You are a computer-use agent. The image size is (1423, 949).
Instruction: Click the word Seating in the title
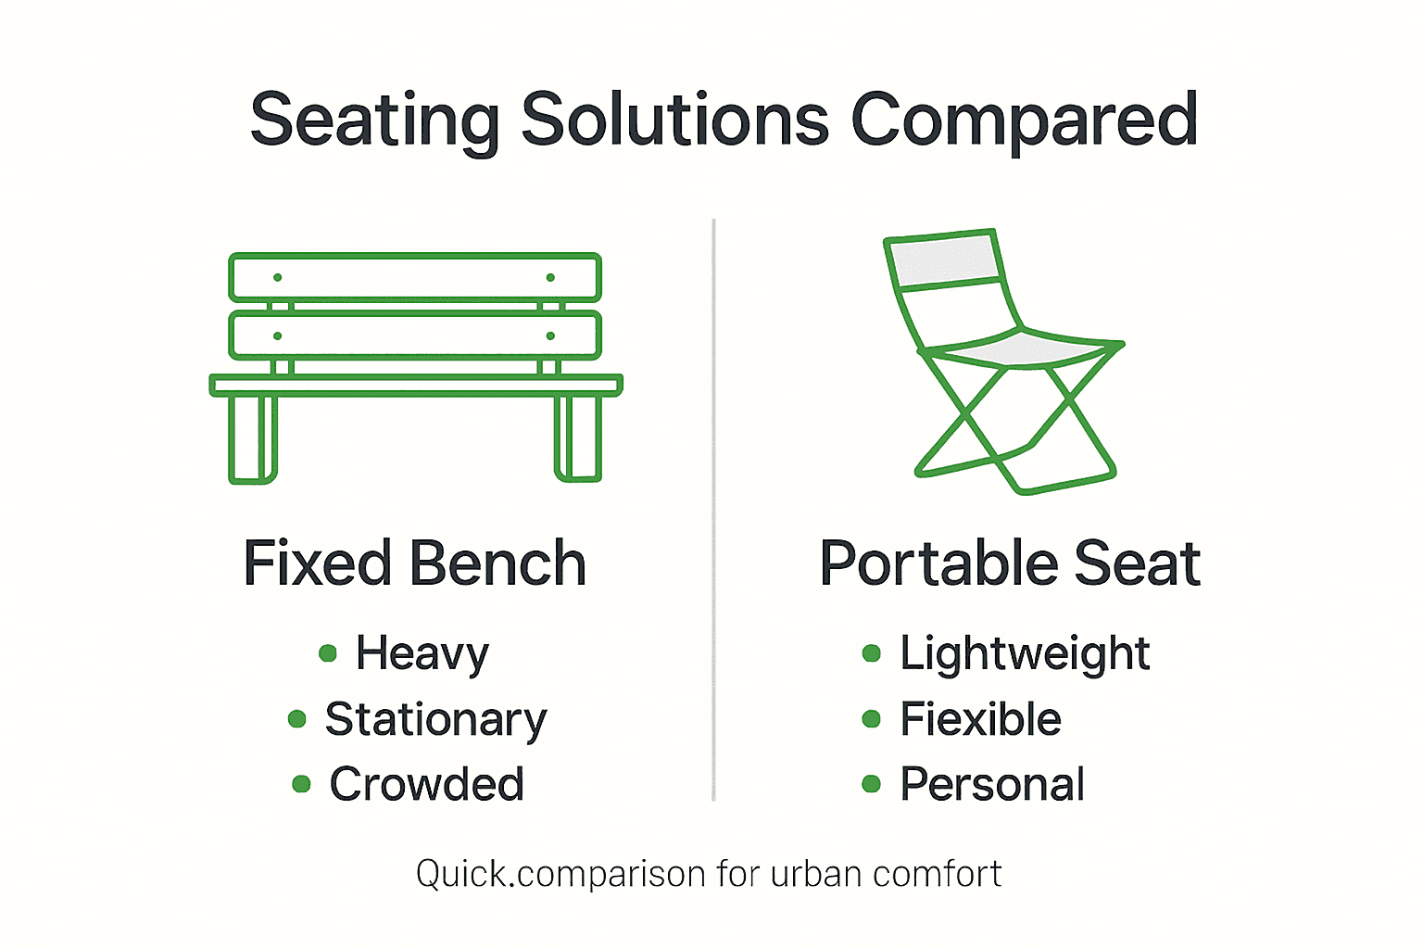point(374,121)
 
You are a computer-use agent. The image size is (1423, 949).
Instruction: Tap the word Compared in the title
point(1025,121)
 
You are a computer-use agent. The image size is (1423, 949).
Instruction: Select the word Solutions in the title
point(675,120)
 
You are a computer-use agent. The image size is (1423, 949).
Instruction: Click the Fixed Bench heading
point(415,563)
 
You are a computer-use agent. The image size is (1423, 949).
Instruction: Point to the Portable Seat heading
point(1010,563)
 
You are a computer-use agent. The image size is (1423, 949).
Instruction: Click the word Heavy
point(422,654)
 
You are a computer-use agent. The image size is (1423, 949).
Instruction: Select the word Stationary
point(435,720)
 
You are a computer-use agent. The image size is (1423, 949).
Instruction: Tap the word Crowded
point(427,785)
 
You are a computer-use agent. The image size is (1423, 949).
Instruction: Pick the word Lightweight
point(1025,654)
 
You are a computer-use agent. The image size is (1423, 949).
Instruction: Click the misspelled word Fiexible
point(980,720)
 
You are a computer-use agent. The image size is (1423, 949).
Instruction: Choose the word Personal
point(992,785)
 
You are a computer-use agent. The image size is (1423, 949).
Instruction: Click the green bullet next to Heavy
point(327,653)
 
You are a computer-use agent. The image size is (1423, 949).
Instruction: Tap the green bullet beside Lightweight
point(871,653)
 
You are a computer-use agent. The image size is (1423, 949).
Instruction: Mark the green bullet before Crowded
point(301,784)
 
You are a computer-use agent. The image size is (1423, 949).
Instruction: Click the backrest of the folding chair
point(944,259)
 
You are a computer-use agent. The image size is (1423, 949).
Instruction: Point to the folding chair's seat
point(1019,350)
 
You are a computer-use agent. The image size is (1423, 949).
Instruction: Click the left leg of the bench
point(253,437)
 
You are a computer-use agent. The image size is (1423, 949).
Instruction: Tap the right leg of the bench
point(578,437)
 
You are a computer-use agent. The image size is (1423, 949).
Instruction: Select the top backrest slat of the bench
point(415,277)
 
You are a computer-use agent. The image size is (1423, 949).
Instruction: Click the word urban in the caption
point(815,874)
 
